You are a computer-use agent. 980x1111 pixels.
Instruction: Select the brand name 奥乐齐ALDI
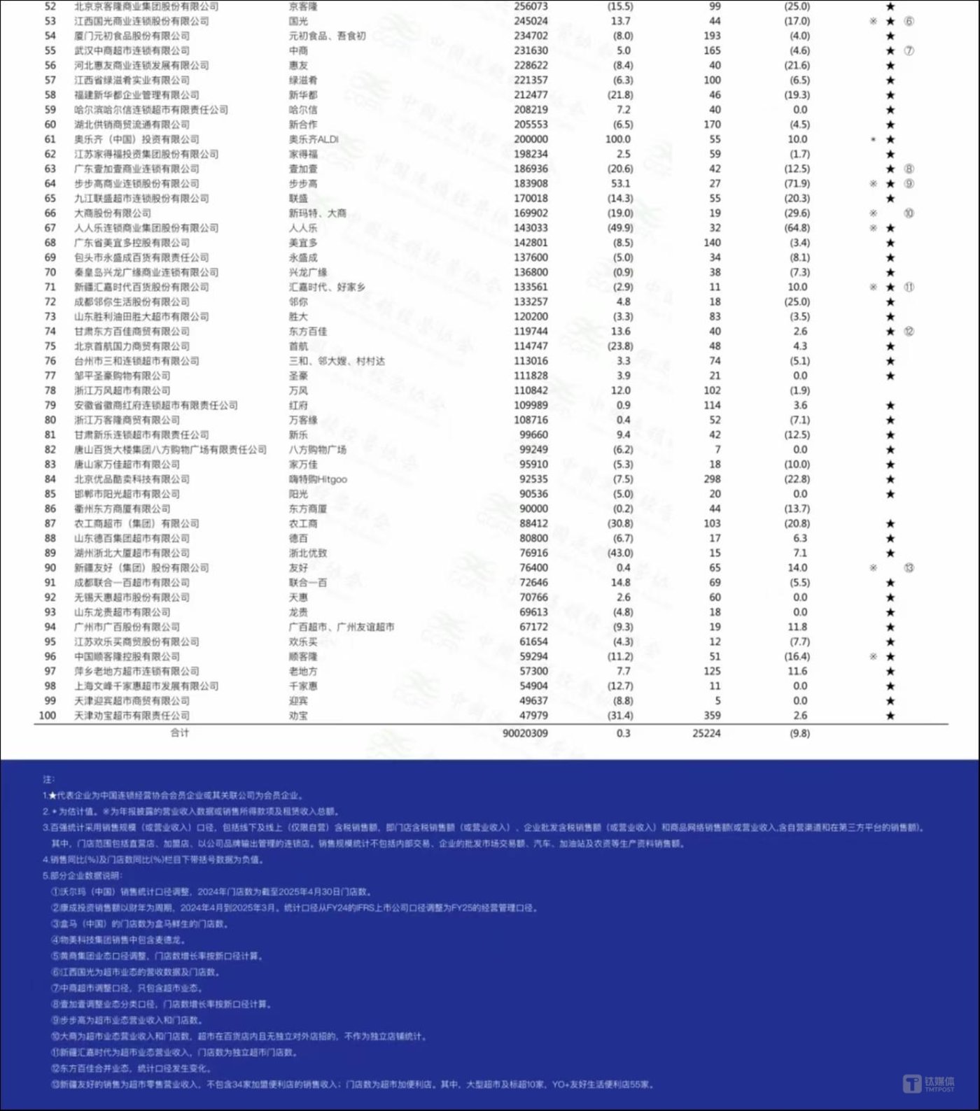point(314,139)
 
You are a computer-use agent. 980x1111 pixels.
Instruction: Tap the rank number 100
point(48,716)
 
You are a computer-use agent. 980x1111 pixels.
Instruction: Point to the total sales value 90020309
point(525,733)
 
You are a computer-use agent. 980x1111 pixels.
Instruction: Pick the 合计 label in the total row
point(180,733)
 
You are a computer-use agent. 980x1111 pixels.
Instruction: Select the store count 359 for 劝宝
point(712,716)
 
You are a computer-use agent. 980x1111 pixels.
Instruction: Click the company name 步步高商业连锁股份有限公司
point(136,184)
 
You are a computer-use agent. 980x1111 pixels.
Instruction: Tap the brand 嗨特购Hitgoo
point(318,479)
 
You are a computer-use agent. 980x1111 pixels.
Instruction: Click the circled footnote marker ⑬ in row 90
point(909,568)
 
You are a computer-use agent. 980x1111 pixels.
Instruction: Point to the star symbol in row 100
point(890,716)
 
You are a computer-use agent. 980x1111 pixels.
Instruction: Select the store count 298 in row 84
point(712,479)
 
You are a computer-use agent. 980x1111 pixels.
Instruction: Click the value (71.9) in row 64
point(797,184)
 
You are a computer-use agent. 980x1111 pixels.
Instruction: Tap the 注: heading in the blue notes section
point(48,779)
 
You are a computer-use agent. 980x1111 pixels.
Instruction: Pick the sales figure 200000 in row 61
point(531,139)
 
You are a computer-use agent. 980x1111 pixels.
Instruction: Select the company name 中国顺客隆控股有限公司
point(127,657)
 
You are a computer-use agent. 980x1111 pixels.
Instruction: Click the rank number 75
point(50,346)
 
